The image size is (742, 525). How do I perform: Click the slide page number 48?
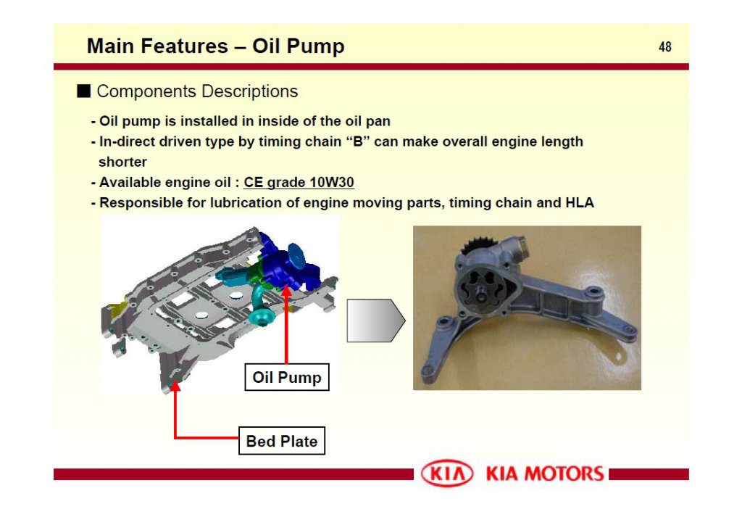tap(664, 47)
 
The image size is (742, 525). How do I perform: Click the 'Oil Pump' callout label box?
tap(286, 377)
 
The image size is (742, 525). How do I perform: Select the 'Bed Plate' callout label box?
tap(281, 441)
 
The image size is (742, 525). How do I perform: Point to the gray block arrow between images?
tap(375, 320)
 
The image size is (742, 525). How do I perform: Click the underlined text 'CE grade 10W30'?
tap(299, 183)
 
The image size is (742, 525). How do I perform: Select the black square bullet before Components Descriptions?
tap(84, 91)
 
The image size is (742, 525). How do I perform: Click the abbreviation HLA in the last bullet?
tap(579, 203)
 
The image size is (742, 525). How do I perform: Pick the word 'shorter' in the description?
tap(122, 162)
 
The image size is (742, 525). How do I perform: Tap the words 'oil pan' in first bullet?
tap(367, 121)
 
